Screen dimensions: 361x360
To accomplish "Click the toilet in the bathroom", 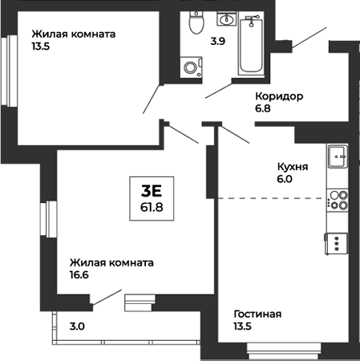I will [x=193, y=22].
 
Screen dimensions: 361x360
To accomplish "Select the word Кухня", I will [x=293, y=166].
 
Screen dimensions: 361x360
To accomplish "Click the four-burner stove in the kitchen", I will [x=339, y=200].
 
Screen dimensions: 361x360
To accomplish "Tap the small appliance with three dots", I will [x=337, y=241].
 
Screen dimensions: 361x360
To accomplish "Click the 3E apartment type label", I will [x=152, y=190].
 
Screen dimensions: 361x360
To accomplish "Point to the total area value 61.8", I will [x=152, y=206].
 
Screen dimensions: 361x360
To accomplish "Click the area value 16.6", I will [x=79, y=275].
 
